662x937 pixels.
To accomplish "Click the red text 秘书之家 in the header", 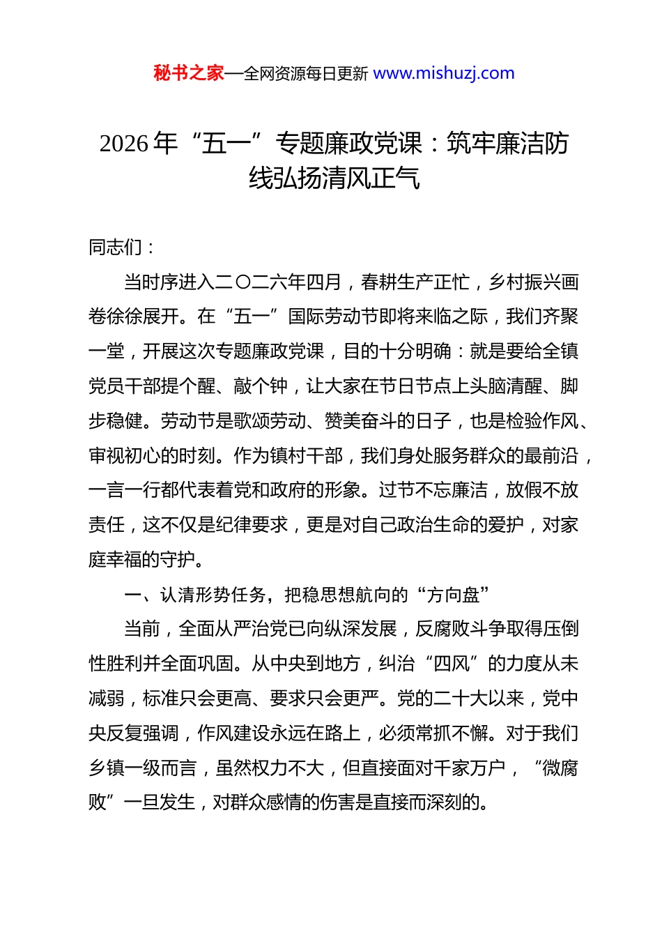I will tap(189, 73).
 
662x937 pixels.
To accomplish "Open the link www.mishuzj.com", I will tap(444, 73).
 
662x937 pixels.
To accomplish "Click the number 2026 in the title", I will tap(124, 144).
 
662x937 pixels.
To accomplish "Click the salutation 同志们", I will tap(116, 247).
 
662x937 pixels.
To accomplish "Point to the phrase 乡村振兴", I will tap(525, 282).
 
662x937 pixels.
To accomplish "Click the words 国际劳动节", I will tap(333, 317).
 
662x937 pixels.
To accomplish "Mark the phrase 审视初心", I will tap(125, 456).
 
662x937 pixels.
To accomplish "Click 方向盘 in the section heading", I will tap(454, 595).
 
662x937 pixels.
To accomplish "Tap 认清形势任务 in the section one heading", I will tap(214, 595).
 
